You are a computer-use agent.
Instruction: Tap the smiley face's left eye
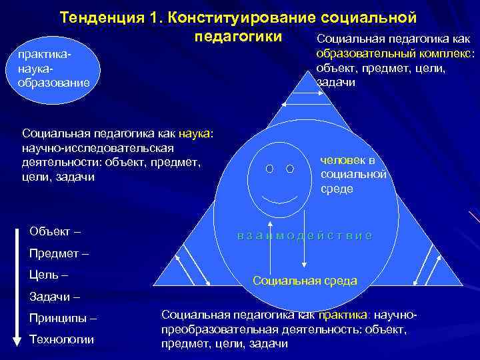pos(269,169)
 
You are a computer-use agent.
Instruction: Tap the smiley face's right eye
pos(290,169)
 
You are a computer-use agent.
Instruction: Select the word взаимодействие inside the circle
pos(304,236)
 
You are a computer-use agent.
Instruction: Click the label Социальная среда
pos(305,281)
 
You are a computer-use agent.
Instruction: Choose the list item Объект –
pos(55,231)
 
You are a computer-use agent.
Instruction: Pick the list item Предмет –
pos(59,253)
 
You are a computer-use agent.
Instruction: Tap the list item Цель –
pos(49,275)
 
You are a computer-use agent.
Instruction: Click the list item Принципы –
pos(63,318)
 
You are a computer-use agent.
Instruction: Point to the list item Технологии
pos(62,339)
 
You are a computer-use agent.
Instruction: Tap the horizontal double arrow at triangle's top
pos(311,95)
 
